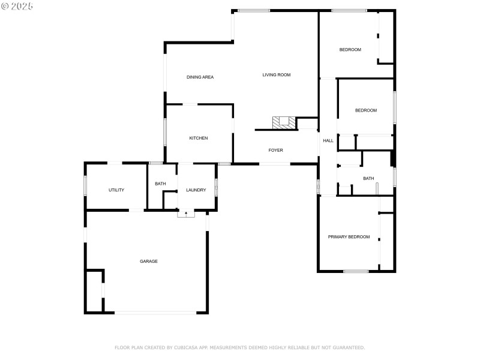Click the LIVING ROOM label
pos(276,75)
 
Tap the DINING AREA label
pos(200,77)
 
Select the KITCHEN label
pos(199,139)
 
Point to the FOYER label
pos(275,150)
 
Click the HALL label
pos(328,141)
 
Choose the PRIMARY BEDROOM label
pos(349,237)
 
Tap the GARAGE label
pos(149,262)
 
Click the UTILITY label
pos(116,190)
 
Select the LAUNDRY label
pos(196,190)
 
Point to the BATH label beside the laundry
pos(160,184)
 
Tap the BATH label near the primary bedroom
pos(368,179)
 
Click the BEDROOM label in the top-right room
pos(350,50)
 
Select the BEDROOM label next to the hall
pos(366,110)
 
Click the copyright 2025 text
pos(17,6)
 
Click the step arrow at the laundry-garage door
pos(186,214)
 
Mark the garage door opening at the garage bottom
pos(155,312)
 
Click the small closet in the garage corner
pos(94,291)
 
